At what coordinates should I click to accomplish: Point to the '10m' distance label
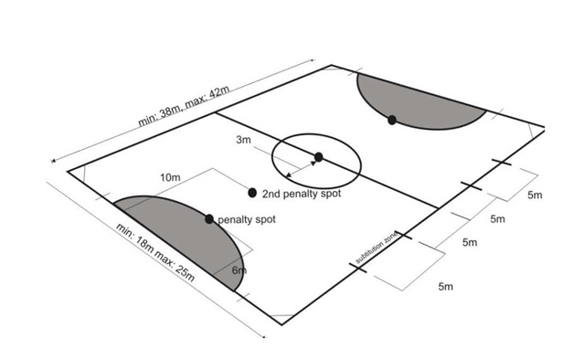click(x=170, y=176)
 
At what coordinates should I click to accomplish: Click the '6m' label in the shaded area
click(x=239, y=271)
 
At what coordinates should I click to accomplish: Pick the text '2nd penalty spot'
click(x=299, y=195)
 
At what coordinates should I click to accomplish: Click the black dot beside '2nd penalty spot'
click(x=252, y=193)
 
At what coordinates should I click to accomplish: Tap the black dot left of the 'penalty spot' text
click(x=209, y=219)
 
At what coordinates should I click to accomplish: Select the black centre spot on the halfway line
click(x=318, y=157)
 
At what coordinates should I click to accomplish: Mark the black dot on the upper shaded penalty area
click(x=391, y=120)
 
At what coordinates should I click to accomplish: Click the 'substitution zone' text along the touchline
click(x=377, y=249)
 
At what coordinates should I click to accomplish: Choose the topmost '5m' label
click(x=535, y=195)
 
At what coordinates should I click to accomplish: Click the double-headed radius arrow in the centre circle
click(x=302, y=166)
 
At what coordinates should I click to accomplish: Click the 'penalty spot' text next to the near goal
click(x=246, y=220)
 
